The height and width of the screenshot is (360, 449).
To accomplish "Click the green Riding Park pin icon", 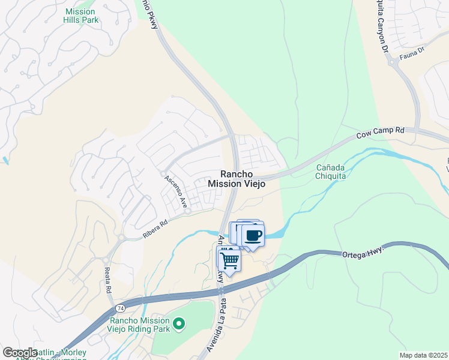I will point(178,325).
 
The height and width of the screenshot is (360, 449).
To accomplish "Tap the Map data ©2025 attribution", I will point(423,355).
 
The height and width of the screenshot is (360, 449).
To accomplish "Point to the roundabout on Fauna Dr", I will point(392,64).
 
